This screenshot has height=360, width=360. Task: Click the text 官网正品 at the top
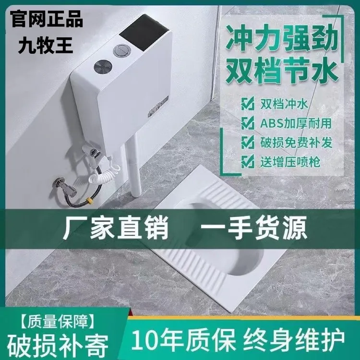click(x=46, y=20)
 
